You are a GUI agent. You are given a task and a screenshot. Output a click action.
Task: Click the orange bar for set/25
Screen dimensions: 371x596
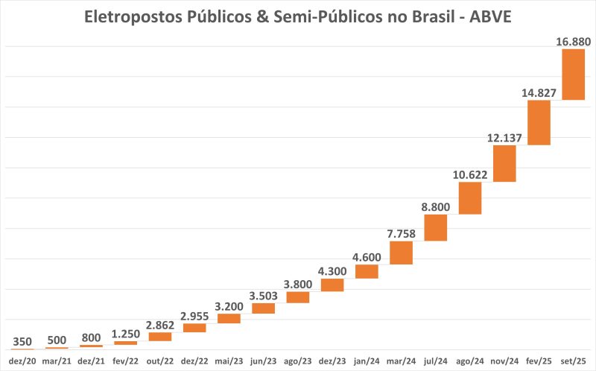click(573, 74)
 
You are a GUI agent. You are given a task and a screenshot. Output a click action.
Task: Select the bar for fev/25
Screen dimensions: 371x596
click(539, 122)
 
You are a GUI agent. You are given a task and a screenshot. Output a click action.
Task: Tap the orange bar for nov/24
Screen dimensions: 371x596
click(504, 163)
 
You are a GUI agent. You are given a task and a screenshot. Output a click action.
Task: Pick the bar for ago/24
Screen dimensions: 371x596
click(469, 197)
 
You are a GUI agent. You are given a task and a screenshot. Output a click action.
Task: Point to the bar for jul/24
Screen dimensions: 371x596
click(435, 227)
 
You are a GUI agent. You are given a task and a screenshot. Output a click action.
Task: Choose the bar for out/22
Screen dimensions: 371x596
click(160, 336)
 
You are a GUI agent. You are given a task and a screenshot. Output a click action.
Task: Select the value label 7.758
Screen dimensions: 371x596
click(401, 233)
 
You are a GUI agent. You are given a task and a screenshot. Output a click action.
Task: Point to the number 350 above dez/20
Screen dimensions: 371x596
click(22, 341)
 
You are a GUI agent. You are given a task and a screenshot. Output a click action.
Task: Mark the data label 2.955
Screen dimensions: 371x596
click(194, 315)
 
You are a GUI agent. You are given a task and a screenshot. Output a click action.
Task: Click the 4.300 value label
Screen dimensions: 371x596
click(332, 270)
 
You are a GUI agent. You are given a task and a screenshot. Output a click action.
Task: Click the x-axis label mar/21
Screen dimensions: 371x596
click(57, 361)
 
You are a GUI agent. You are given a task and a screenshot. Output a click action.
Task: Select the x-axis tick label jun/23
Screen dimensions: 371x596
click(263, 361)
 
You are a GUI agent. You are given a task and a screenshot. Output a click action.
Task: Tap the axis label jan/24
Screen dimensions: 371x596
click(367, 361)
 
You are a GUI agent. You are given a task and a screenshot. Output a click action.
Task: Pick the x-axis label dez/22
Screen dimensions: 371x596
click(194, 361)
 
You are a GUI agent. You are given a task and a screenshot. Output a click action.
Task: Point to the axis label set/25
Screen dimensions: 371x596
click(573, 361)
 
